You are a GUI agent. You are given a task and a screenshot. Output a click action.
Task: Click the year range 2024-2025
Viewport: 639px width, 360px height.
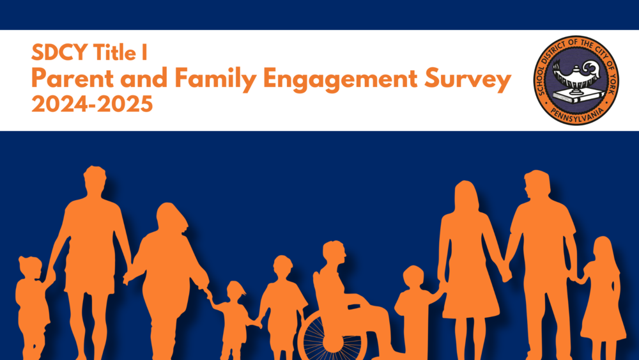click(93, 104)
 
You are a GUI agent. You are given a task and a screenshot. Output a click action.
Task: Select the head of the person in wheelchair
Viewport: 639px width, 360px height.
click(334, 253)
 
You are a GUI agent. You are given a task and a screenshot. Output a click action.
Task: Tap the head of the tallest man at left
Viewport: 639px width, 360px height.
click(94, 180)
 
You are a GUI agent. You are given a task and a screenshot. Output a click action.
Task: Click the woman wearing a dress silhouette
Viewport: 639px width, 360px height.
click(470, 256)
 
